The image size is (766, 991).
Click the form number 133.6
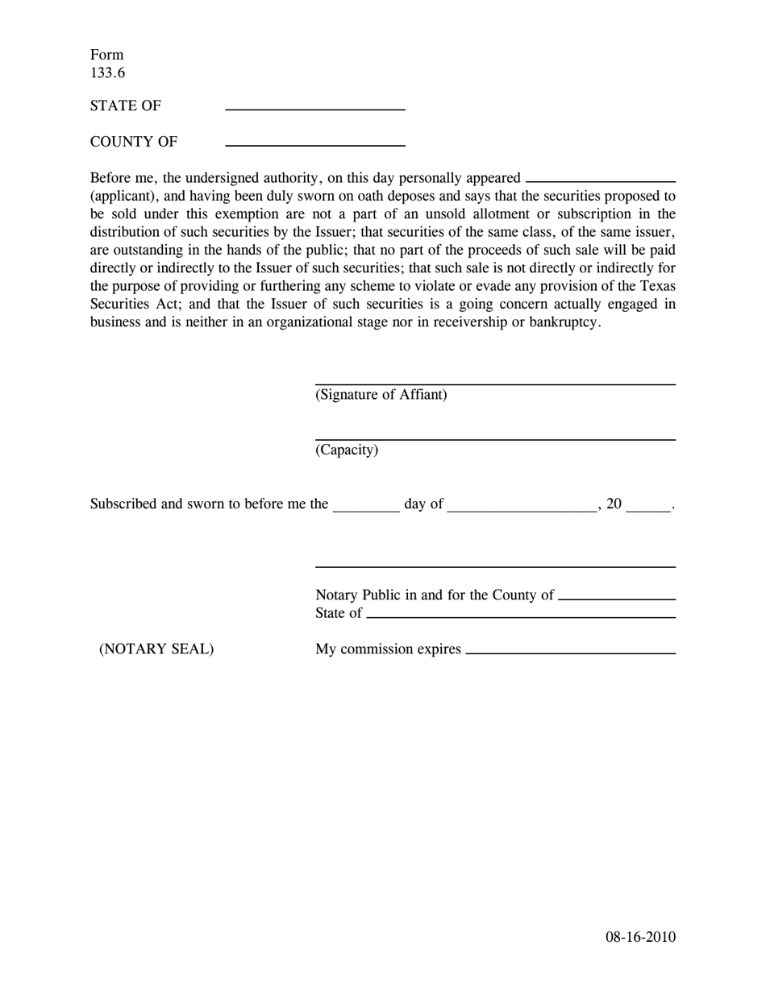(107, 73)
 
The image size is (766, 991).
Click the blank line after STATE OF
(314, 108)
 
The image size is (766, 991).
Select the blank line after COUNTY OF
(314, 144)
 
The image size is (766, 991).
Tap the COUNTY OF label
(134, 142)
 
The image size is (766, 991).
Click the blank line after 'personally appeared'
(600, 181)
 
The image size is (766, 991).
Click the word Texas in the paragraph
(658, 286)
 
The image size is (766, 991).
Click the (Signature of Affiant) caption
(381, 395)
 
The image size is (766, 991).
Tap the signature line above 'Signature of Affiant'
(494, 384)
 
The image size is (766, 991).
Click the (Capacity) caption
(347, 450)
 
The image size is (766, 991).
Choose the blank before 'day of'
(366, 508)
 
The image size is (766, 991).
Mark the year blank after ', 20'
(648, 508)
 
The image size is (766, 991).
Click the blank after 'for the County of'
(616, 599)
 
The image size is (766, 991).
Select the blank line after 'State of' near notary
(520, 616)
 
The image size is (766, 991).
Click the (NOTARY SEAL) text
(156, 649)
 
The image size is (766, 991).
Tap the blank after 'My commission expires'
(570, 652)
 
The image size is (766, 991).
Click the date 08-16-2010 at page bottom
(641, 936)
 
